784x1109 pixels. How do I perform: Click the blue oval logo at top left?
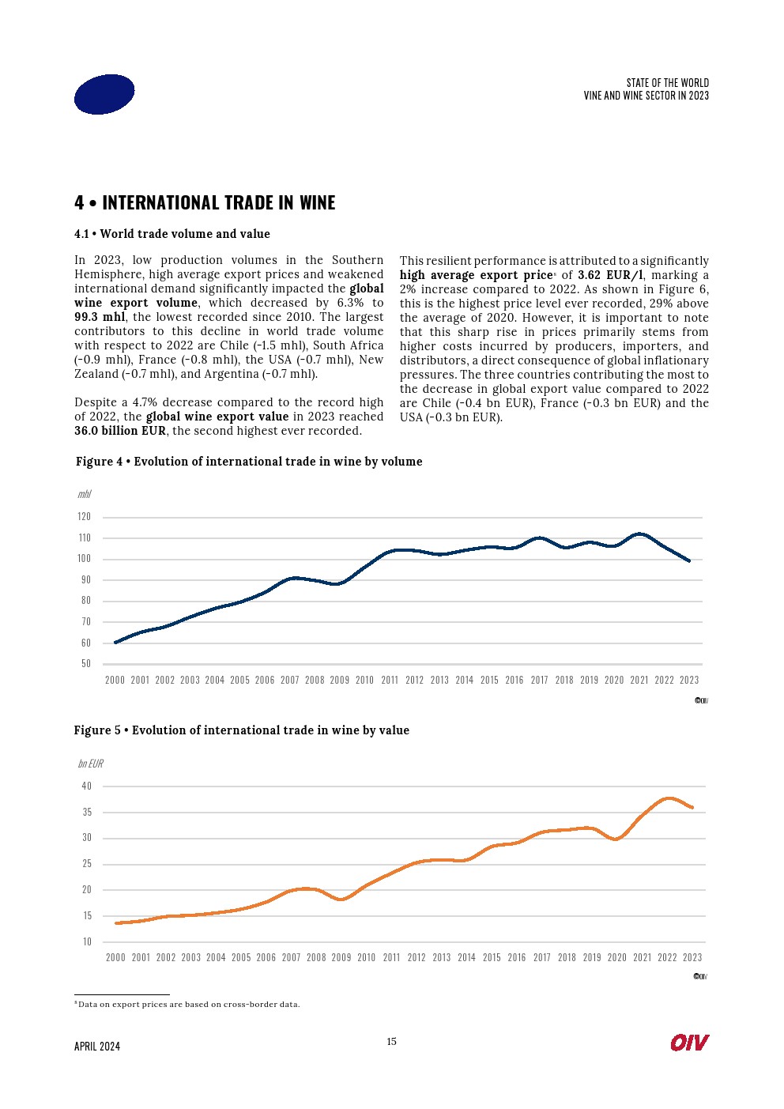coord(104,94)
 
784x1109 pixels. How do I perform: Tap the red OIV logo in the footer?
coord(689,1043)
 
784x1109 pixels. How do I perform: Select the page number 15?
coord(391,1041)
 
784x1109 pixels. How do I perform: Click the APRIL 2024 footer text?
coord(97,1046)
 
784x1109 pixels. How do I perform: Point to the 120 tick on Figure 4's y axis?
coord(85,516)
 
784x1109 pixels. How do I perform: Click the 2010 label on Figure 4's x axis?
coord(364,680)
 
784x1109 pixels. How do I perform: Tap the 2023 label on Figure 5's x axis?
coord(692,957)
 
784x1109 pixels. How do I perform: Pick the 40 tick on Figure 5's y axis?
coord(87,786)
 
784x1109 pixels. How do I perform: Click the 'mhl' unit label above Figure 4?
coord(84,494)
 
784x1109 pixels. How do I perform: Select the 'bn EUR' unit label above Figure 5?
coord(90,764)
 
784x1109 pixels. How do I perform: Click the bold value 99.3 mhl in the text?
coord(100,317)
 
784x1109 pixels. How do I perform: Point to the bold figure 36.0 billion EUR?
coord(120,431)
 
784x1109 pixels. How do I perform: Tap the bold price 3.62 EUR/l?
coord(609,275)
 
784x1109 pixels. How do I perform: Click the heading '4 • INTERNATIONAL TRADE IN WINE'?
coord(205,203)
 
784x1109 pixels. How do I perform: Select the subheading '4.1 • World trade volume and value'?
coord(172,234)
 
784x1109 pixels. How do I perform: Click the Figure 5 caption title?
coord(241,730)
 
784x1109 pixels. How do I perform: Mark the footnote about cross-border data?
coord(188,1005)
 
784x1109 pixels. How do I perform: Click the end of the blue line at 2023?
coord(690,560)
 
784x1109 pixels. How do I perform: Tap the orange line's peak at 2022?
coord(669,798)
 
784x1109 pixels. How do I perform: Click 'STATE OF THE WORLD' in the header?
coord(667,83)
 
